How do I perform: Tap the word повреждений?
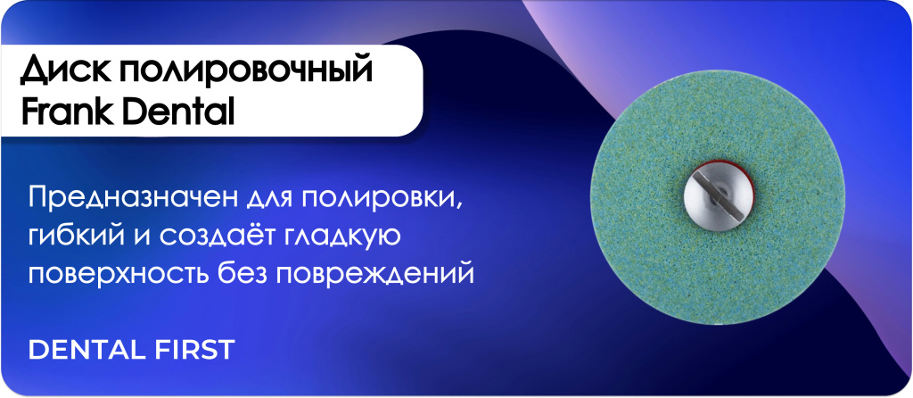374,273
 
